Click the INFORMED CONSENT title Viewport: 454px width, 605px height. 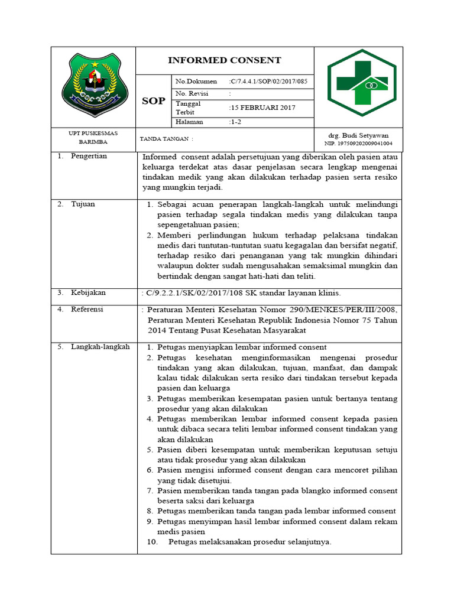225,60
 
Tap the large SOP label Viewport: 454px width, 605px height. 154,101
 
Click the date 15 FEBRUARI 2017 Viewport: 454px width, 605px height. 262,108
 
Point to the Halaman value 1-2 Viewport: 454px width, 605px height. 236,122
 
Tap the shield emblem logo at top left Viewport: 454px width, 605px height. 94,86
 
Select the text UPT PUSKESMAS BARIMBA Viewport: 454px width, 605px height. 93,138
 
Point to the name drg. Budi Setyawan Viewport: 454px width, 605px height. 358,135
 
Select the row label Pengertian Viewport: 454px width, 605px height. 89,157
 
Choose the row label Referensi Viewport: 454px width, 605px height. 87,309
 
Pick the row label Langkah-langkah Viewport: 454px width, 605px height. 100,347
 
